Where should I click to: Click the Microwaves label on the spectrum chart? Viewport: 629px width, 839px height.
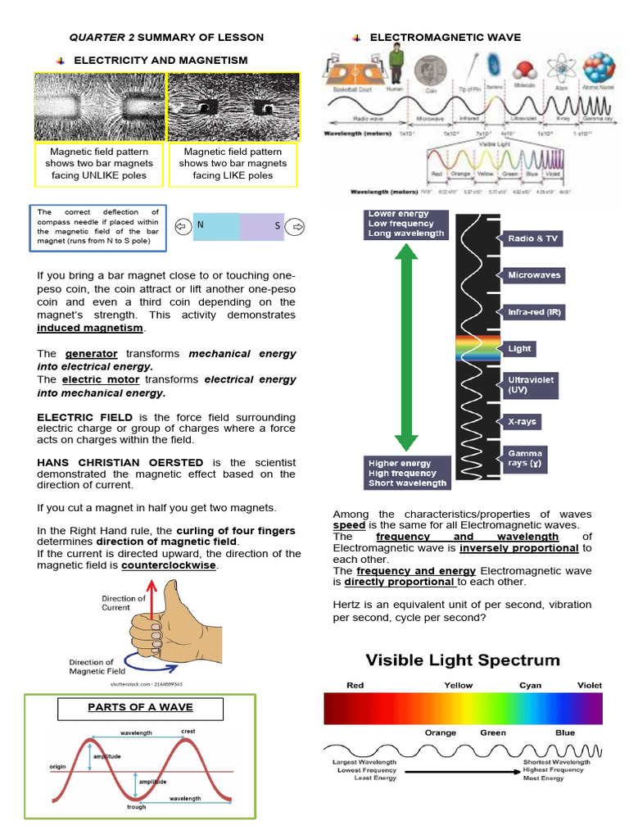[534, 275]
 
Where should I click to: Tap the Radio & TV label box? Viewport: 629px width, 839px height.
[532, 238]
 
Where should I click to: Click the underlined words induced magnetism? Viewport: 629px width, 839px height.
[91, 328]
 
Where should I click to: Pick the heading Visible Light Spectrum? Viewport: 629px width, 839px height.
[463, 660]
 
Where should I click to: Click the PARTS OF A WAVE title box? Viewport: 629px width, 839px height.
[140, 707]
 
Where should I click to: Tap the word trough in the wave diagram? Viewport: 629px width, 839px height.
[136, 807]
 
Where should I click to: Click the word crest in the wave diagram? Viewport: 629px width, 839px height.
[188, 730]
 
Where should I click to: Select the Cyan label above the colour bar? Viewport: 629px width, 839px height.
[530, 685]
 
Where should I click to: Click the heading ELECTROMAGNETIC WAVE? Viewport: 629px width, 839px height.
[445, 38]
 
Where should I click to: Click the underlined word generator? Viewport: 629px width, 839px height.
[85, 354]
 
